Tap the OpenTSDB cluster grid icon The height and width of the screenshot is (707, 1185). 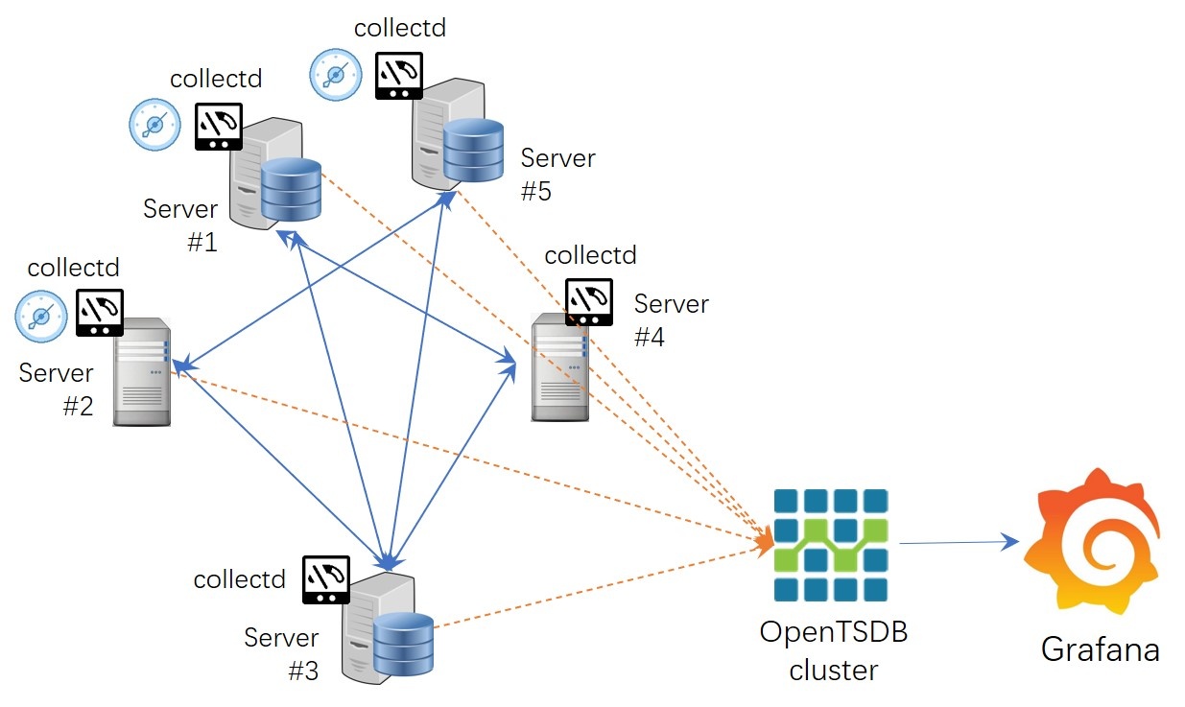(x=831, y=545)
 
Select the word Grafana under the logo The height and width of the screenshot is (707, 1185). (x=1101, y=649)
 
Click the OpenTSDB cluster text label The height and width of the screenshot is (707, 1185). (x=833, y=650)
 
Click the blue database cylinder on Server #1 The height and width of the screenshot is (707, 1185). (x=291, y=189)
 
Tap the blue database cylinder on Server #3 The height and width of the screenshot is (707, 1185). (x=403, y=644)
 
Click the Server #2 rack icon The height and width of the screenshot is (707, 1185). (x=141, y=371)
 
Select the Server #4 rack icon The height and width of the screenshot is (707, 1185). (x=561, y=367)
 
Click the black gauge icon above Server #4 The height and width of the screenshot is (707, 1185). (x=588, y=302)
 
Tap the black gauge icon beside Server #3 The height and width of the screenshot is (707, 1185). (x=326, y=579)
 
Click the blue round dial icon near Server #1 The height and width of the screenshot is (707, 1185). (x=155, y=126)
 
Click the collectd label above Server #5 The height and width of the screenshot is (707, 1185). (x=400, y=27)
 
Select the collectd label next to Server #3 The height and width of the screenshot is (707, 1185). (x=240, y=579)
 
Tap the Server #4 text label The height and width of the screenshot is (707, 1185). (x=671, y=320)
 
